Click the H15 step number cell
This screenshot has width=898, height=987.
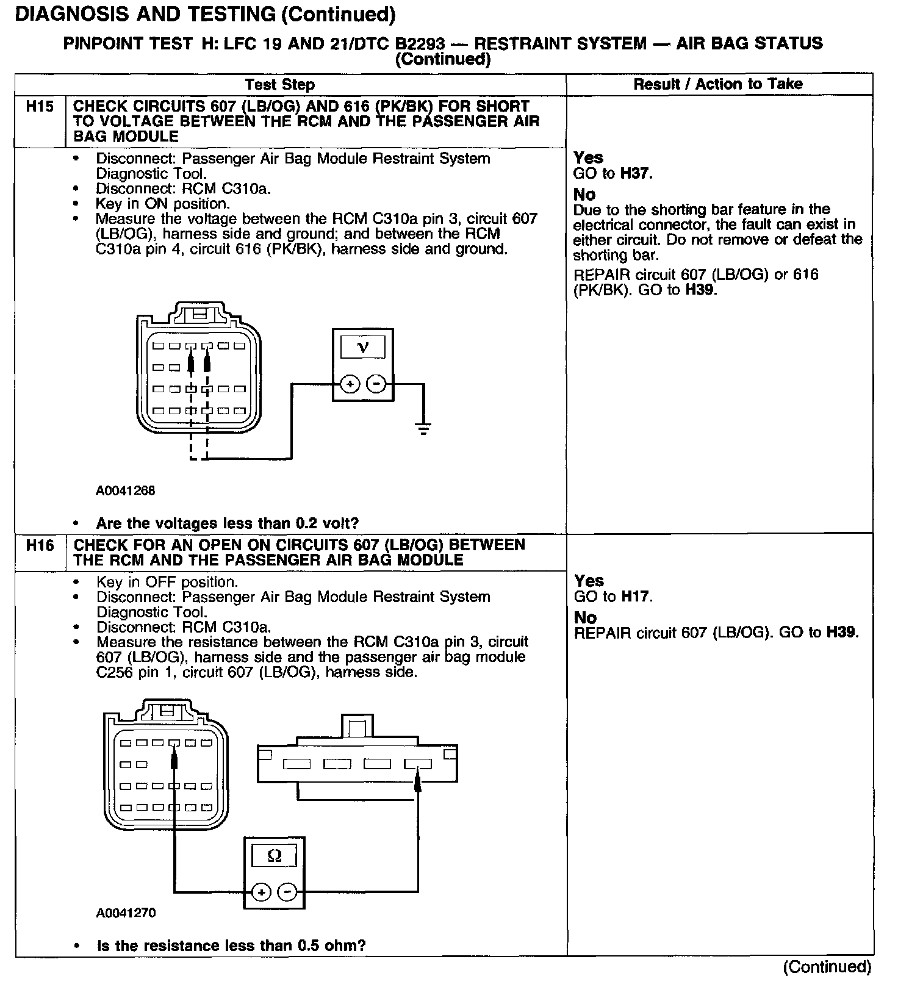40,107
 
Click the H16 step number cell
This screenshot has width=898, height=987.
40,545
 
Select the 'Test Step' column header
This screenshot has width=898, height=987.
280,85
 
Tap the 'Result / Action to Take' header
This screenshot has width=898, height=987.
718,84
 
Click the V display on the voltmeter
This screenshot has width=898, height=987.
363,348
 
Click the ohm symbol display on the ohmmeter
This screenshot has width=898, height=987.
275,856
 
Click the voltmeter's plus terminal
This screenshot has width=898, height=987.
350,384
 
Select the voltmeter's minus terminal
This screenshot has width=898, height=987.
376,384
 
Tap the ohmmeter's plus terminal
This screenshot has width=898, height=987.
261,892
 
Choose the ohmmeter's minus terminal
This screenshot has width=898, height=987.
287,892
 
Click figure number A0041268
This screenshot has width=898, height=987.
125,491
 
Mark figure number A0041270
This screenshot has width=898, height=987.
125,913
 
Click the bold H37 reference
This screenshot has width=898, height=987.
635,174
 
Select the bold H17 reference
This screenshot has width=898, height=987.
635,597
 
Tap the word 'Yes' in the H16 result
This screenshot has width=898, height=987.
589,581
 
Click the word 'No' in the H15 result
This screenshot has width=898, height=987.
584,195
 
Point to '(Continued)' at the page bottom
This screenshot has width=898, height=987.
827,967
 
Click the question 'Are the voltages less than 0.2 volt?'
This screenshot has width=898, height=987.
227,523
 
